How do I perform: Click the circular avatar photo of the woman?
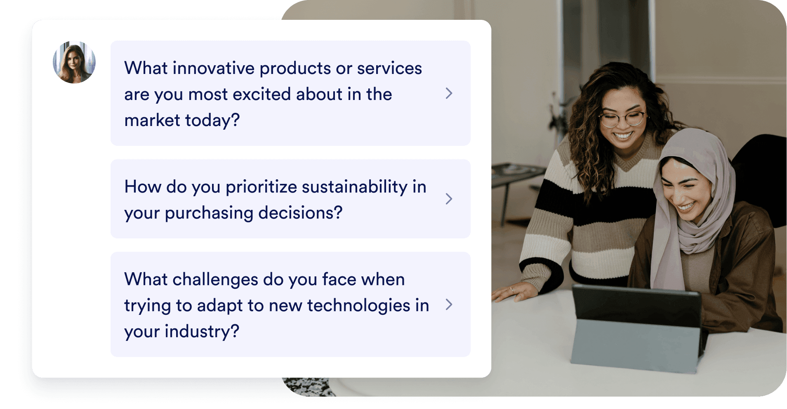74,62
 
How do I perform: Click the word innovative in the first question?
213,68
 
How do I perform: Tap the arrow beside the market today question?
449,93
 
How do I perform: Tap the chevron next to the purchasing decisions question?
449,199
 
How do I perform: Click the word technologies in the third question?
358,306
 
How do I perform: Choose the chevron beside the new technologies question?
449,304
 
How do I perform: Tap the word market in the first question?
152,120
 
